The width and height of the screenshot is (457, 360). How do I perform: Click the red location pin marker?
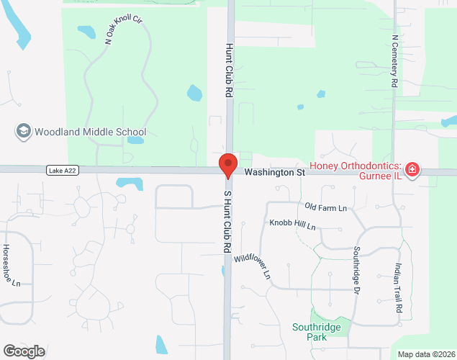point(228,165)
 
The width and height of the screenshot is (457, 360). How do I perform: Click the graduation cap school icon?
point(23,132)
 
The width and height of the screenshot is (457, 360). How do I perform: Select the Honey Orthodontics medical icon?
point(412,170)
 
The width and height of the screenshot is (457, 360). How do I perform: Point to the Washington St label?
point(274,173)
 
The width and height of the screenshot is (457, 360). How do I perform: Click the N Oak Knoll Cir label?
point(124,30)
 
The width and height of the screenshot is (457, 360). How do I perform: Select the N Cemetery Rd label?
point(394,61)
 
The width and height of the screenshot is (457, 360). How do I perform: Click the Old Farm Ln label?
point(325,208)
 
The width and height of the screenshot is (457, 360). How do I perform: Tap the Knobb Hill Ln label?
point(293,225)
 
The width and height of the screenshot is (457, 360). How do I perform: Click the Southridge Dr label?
point(356,271)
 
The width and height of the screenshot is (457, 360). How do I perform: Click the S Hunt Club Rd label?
point(227,221)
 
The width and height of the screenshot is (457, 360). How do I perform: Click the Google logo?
point(23,351)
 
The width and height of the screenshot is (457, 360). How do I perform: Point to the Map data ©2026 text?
point(426,354)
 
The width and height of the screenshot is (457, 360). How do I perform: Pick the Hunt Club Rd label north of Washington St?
point(230,70)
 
